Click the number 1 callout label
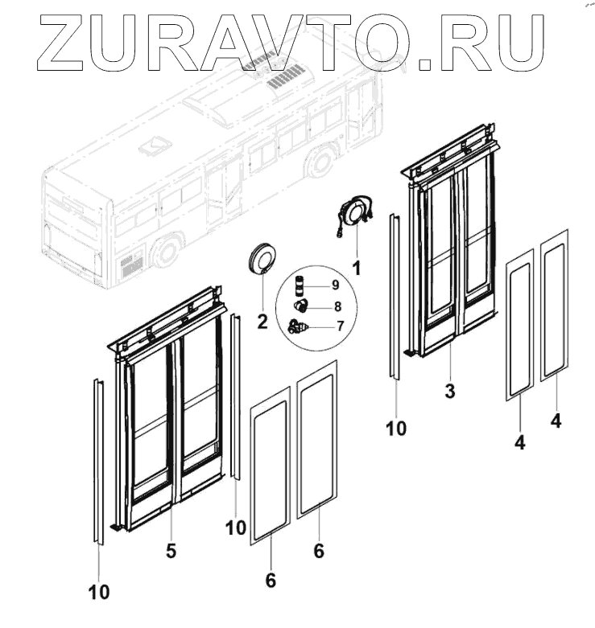tap(355, 263)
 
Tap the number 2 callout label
tap(262, 322)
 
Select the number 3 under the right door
tap(450, 392)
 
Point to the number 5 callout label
tap(171, 551)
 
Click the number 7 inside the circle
tap(340, 326)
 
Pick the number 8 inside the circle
tap(337, 306)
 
